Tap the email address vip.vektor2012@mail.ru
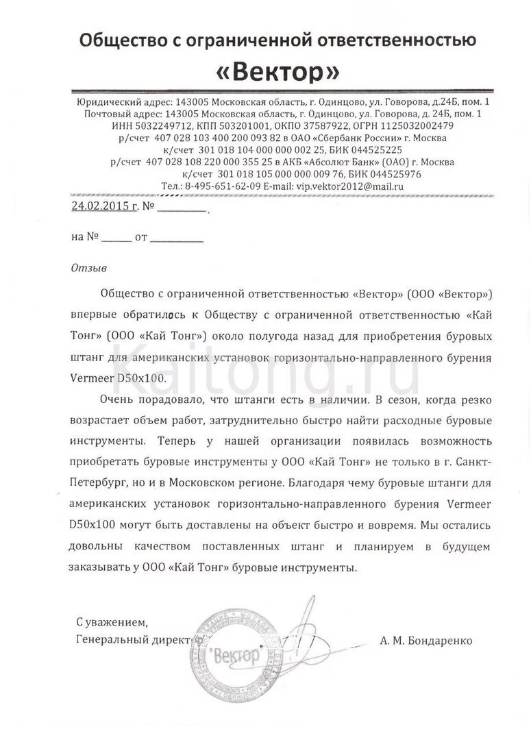349,186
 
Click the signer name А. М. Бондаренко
425,641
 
